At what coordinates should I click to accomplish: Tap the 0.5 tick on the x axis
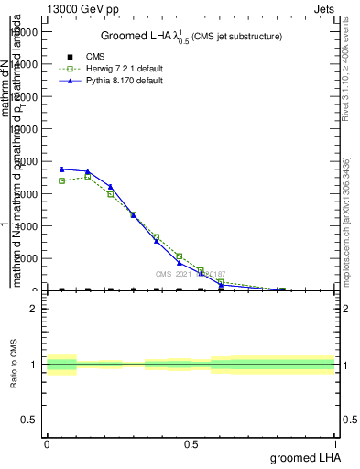pyautogui.click(x=191, y=444)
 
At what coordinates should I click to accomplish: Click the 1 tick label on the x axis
pyautogui.click(x=334, y=444)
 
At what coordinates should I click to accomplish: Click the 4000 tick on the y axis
pyautogui.click(x=29, y=225)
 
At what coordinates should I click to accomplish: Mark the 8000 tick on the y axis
pyautogui.click(x=29, y=161)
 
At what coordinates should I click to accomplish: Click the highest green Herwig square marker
pyautogui.click(x=87, y=176)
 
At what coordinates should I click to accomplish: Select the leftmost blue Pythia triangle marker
pyautogui.click(x=61, y=169)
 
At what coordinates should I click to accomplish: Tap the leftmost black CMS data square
pyautogui.click(x=61, y=290)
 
